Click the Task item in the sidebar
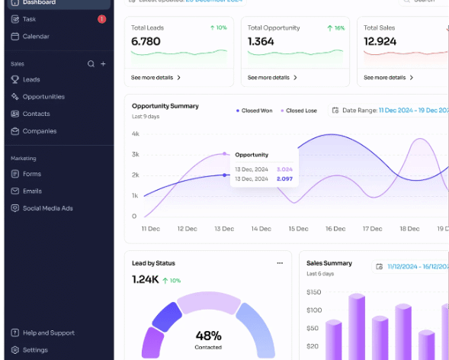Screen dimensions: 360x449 29,19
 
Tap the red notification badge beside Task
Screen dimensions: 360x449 102,19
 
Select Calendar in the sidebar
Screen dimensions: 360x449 36,37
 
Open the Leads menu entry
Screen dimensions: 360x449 31,79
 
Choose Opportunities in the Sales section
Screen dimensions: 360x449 43,97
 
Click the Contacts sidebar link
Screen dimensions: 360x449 36,114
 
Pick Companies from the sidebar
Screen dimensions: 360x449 39,131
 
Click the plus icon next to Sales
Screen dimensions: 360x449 104,64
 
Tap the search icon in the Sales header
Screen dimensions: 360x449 91,64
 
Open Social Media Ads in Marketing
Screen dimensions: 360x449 48,208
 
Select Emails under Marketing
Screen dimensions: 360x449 32,191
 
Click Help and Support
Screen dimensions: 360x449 48,333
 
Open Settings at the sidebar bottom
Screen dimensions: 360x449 35,350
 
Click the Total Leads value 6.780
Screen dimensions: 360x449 146,42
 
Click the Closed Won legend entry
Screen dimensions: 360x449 256,111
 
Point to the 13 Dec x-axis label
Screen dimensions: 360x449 223,229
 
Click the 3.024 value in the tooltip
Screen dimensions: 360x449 284,169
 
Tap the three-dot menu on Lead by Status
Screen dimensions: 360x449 280,263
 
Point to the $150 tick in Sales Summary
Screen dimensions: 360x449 313,292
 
